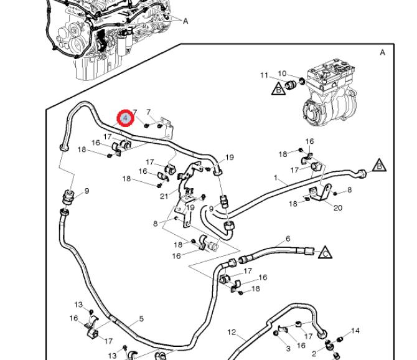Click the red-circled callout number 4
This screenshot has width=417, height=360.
pyautogui.click(x=126, y=117)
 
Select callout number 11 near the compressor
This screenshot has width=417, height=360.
pyautogui.click(x=264, y=75)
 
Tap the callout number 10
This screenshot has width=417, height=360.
pyautogui.click(x=282, y=73)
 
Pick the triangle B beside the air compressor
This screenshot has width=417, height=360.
pyautogui.click(x=278, y=89)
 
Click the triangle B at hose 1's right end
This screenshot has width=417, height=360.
pyautogui.click(x=378, y=165)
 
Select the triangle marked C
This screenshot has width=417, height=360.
pyautogui.click(x=324, y=252)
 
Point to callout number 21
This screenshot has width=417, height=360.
pyautogui.click(x=164, y=196)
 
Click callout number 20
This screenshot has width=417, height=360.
pyautogui.click(x=337, y=207)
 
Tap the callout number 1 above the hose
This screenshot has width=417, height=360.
pyautogui.click(x=275, y=178)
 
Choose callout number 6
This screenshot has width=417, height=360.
pyautogui.click(x=288, y=239)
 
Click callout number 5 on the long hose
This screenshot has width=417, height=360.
pyautogui.click(x=141, y=319)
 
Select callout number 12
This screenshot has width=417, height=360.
pyautogui.click(x=232, y=332)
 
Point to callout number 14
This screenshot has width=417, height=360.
pyautogui.click(x=355, y=331)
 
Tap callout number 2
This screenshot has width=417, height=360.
pyautogui.click(x=314, y=353)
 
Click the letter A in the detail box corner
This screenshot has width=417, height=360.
pyautogui.click(x=383, y=53)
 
